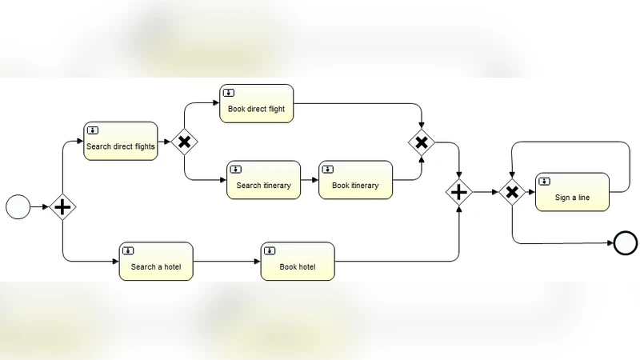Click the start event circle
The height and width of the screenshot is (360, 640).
[18, 207]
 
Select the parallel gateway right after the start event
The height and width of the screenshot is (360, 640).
[62, 207]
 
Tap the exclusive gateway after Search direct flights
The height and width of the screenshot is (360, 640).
[184, 142]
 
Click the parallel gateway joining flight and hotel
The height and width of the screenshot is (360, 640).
[459, 192]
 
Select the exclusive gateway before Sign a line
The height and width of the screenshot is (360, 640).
[512, 192]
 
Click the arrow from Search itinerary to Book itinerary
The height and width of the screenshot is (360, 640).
[310, 180]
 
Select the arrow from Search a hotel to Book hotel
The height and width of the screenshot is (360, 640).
[227, 261]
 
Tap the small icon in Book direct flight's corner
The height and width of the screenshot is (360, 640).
[229, 93]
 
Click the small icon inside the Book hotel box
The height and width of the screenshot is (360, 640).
[270, 250]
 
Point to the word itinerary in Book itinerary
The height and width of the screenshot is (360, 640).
[365, 186]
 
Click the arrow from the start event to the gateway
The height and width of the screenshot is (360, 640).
[40, 207]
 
